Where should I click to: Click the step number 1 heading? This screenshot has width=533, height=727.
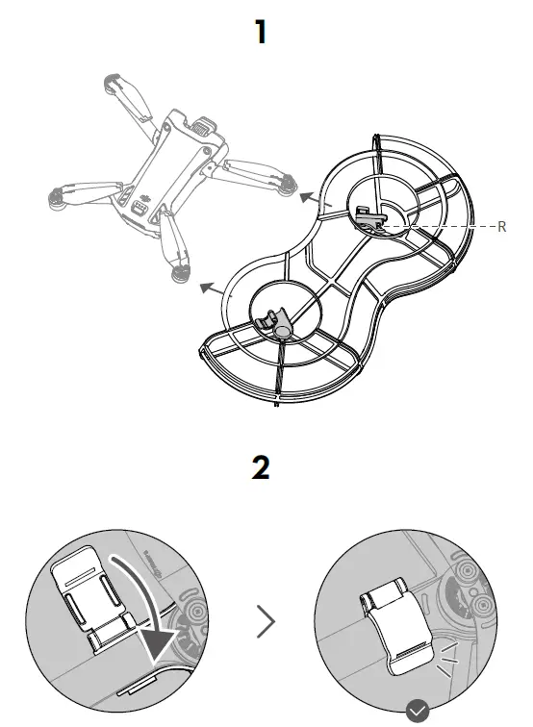coord(260,33)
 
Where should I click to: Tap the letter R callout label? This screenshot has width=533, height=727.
coord(501,227)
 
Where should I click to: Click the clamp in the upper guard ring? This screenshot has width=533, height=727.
coord(370,216)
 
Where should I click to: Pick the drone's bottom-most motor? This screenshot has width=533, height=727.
coord(179,274)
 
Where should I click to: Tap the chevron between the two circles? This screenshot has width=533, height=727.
coord(266,623)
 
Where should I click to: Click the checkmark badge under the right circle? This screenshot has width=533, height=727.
coord(417,712)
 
